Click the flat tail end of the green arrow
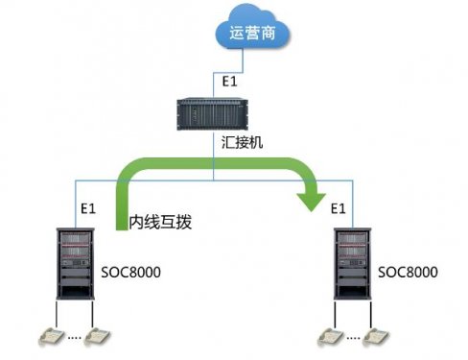click(121, 229)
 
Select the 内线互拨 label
click(161, 223)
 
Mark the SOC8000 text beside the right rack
click(408, 273)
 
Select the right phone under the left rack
click(97, 335)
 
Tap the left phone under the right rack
click(329, 335)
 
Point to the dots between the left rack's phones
click(74, 338)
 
